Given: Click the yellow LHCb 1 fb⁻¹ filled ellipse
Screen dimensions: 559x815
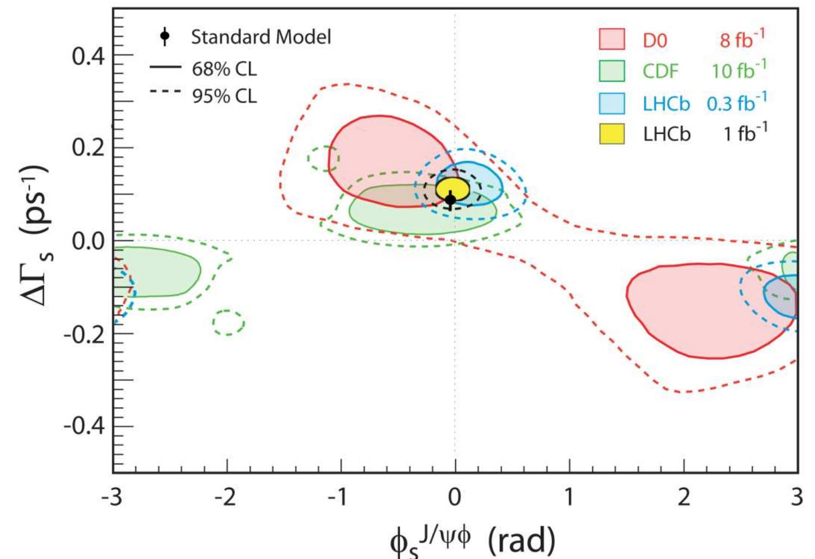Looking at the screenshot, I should [454, 188].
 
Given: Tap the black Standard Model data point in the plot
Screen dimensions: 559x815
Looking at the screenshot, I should [450, 200].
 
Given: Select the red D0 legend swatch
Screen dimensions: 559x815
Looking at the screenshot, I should [612, 40].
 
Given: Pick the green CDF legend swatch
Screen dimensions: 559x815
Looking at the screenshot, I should [612, 71].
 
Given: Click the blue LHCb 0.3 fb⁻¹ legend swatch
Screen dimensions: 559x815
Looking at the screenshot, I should [612, 103].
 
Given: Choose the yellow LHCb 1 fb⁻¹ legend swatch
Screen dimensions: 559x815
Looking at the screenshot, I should [612, 134].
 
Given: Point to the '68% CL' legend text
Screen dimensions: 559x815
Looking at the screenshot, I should [224, 69].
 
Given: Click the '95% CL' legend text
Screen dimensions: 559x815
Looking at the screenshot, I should [224, 97].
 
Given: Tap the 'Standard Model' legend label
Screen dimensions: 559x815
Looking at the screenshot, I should [261, 37].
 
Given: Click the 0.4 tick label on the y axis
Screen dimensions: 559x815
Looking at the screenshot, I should [88, 56].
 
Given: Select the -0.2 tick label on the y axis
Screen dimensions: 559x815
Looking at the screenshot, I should [84, 334].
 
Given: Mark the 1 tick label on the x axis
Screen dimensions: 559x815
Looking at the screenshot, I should [569, 497].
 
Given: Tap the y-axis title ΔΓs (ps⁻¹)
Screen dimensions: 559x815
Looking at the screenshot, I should [35, 235].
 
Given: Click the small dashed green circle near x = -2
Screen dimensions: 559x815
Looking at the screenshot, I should [228, 322].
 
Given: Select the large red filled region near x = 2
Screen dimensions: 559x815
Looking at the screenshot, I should [703, 311].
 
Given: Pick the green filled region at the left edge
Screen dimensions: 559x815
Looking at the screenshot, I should [155, 271].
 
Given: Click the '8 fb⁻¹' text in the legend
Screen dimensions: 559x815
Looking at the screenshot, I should [742, 40].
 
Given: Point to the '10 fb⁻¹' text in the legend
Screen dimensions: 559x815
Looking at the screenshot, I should [739, 71].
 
